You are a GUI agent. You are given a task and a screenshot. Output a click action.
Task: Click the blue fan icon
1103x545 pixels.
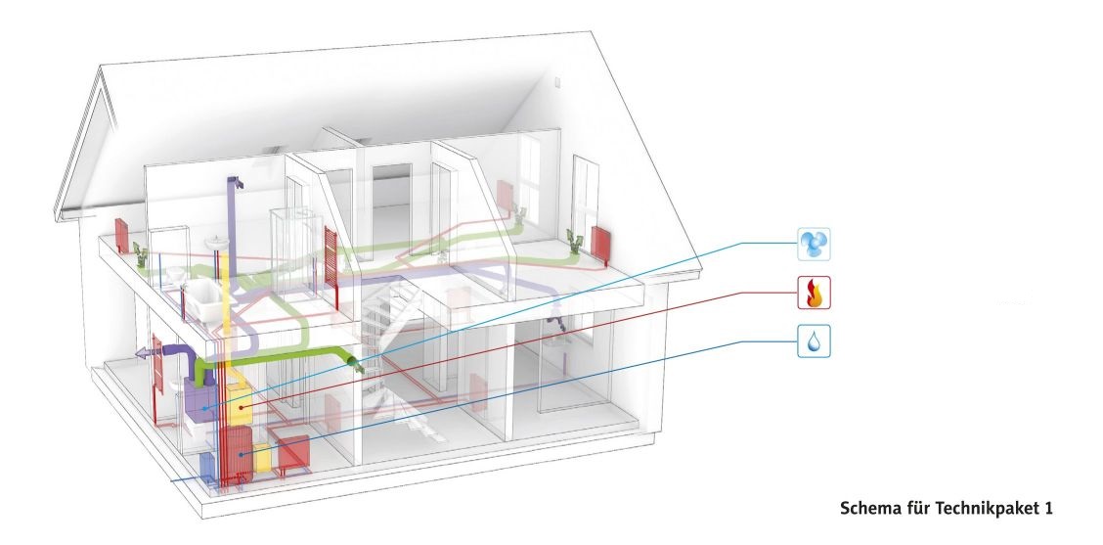(x=814, y=245)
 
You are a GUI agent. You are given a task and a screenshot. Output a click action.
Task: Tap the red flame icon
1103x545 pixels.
(x=814, y=293)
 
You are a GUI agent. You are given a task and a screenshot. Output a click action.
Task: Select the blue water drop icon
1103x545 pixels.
(x=814, y=341)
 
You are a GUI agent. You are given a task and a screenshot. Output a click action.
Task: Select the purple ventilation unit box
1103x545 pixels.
(x=201, y=400)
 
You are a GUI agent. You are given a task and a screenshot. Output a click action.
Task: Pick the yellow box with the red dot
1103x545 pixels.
(x=240, y=405)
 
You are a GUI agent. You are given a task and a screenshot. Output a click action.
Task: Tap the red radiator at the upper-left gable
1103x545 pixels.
(x=121, y=235)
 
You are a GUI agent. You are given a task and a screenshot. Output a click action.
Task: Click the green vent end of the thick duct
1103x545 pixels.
(x=357, y=364)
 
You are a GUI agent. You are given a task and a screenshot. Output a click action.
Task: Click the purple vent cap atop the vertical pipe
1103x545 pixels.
(x=237, y=182)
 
